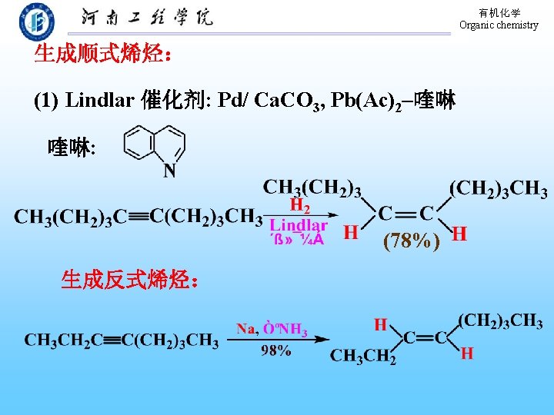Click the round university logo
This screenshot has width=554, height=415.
tap(36, 21)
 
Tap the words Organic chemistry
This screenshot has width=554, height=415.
tap(499, 25)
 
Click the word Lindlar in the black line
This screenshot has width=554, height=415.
tap(100, 100)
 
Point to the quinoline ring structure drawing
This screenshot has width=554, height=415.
tap(154, 144)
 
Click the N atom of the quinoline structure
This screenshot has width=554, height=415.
tap(170, 171)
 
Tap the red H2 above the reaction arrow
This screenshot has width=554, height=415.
tap(300, 206)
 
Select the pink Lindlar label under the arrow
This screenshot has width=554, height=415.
tap(299, 225)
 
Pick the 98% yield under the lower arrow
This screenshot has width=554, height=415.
tap(276, 350)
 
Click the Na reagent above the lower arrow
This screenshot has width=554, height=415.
tap(245, 329)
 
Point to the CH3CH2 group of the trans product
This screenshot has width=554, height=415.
tap(363, 357)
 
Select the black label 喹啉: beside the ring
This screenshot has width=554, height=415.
tap(72, 147)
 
